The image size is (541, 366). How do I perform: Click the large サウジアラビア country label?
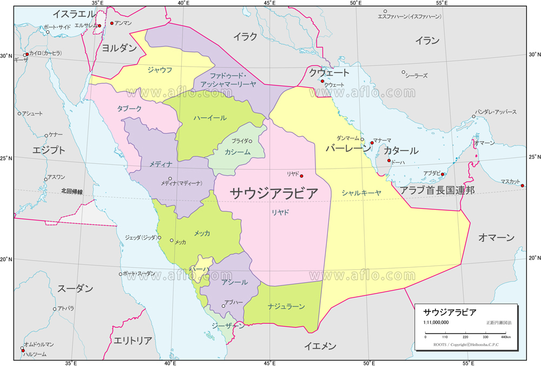(274, 193)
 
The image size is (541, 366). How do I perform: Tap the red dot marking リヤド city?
(302, 176)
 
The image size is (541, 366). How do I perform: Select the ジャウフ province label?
(160, 69)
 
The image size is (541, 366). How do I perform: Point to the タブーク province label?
(129, 108)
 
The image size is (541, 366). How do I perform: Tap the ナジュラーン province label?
(286, 307)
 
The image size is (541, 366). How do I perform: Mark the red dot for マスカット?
(523, 186)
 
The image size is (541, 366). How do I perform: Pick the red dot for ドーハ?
(389, 161)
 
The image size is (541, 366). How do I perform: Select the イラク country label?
(245, 37)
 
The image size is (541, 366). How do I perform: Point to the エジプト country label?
(49, 150)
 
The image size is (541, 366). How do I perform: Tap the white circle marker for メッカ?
(171, 241)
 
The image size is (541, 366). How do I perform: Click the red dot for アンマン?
(112, 23)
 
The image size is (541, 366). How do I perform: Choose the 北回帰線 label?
(72, 192)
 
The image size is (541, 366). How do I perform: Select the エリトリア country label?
(133, 341)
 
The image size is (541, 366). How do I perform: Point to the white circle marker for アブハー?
(223, 307)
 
